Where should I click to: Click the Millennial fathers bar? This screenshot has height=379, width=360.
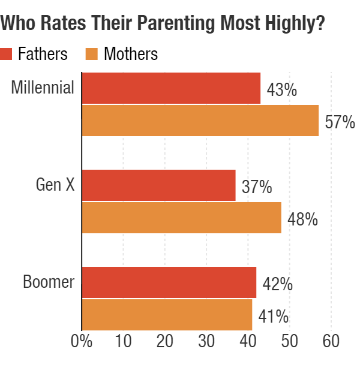point(171,88)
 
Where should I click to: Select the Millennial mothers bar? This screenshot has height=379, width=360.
point(200,121)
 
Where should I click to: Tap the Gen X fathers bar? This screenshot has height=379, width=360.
point(158,185)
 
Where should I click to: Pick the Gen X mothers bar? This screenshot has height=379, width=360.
point(182,218)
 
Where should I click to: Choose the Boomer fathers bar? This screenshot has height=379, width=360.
point(169,282)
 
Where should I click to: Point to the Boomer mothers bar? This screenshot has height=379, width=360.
point(167,315)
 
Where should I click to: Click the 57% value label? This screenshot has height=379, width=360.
point(340,122)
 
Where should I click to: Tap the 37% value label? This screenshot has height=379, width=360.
point(257,187)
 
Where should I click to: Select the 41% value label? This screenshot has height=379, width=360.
point(273,317)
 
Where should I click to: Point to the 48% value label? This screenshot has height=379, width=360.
point(302,219)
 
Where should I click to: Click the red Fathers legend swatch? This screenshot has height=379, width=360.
point(6,54)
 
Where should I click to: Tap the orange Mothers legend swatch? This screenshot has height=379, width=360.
point(92,54)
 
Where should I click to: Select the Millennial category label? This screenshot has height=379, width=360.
point(43,88)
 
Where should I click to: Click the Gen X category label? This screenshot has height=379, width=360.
point(55,185)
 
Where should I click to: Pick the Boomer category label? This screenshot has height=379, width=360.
point(49,282)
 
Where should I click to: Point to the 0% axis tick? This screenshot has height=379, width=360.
point(82,341)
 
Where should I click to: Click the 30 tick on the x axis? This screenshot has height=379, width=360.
point(206,341)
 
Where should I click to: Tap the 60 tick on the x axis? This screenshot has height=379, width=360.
point(331,341)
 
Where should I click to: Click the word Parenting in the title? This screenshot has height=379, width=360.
point(176,23)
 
